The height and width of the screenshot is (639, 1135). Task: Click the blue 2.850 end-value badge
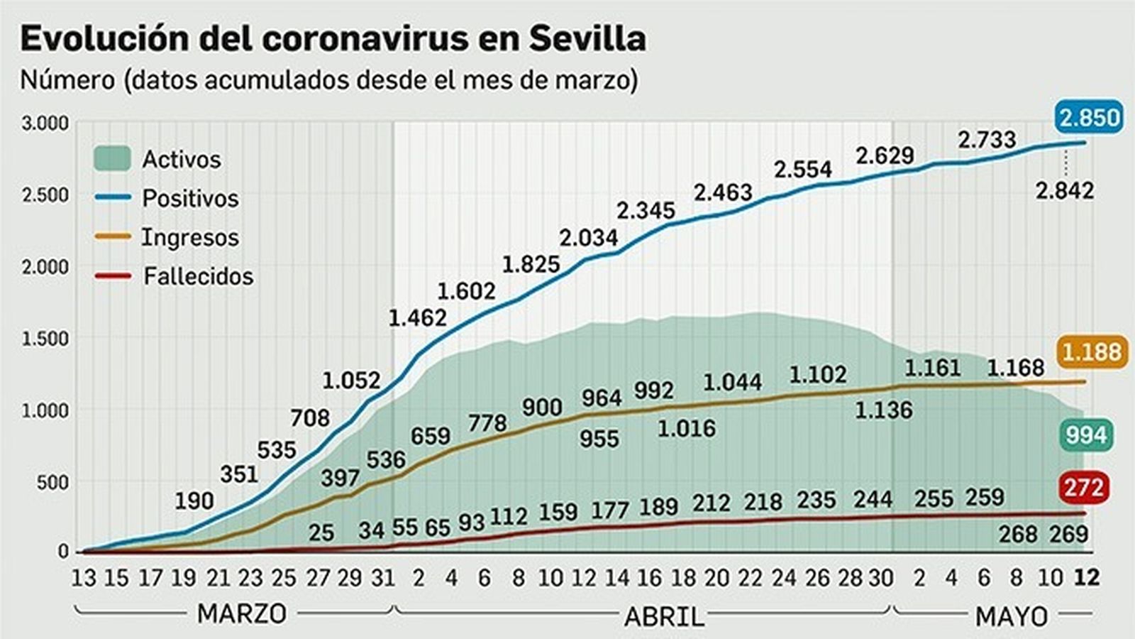pos(1089,117)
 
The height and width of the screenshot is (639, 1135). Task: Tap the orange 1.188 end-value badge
pos(1092,352)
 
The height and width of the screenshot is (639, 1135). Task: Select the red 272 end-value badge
pos(1084,488)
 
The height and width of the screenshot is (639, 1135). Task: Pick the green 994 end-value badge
pos(1086,435)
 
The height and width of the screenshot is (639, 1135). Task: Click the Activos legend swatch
pos(112,159)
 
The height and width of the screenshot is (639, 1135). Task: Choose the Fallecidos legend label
pos(198,276)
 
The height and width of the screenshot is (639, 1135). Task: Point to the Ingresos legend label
pos(190,237)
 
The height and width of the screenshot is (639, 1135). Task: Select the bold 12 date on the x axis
pos(1086,578)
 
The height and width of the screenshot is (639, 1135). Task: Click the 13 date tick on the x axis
pos(83,578)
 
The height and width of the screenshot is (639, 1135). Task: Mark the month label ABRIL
pos(664,616)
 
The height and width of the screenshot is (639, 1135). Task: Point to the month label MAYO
pos(1012,616)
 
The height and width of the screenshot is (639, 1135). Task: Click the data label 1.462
pos(417,317)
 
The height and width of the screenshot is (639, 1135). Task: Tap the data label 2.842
pos(1064,190)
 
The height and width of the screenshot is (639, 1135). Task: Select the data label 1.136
pos(883,410)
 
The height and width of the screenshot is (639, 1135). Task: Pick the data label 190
pos(194,501)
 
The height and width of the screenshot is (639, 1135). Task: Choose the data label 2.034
pos(588,237)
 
